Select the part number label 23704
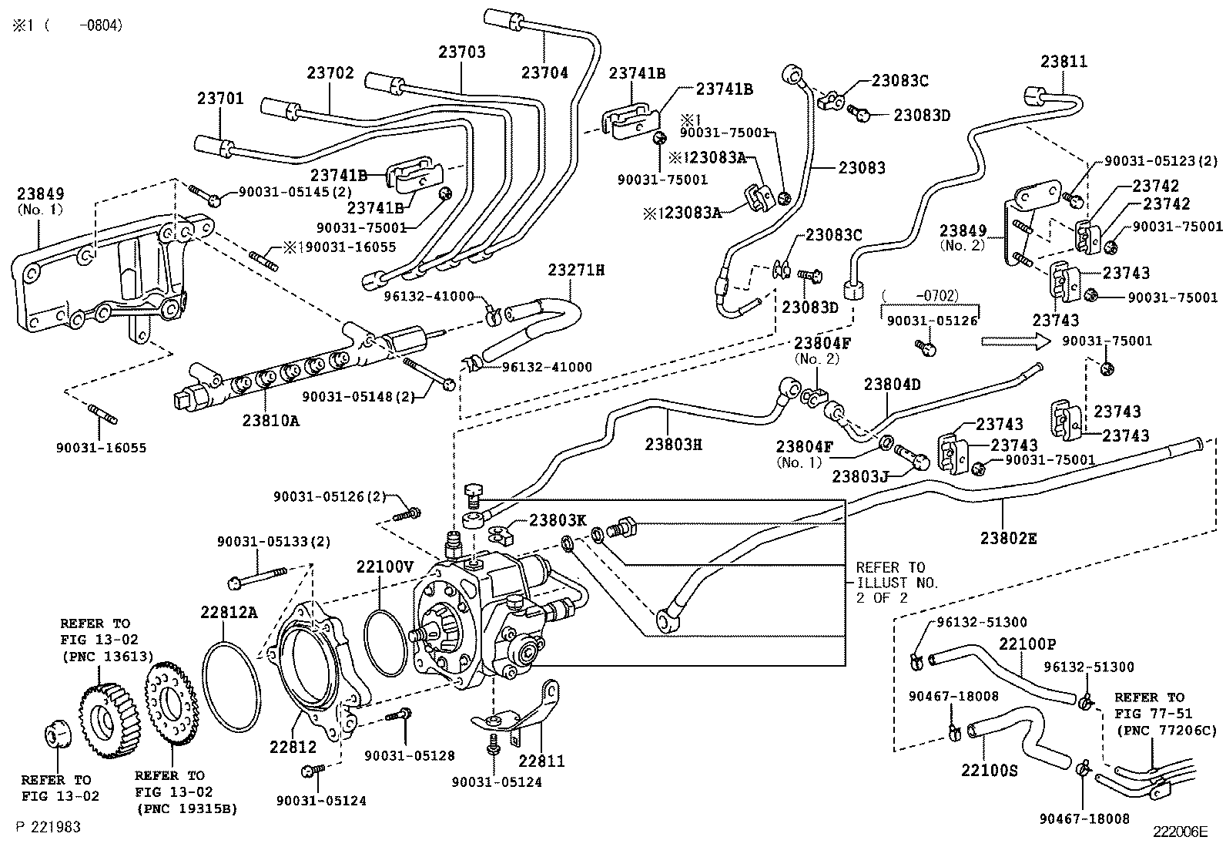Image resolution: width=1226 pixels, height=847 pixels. click(544, 73)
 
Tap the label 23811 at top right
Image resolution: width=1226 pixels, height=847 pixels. click(1064, 62)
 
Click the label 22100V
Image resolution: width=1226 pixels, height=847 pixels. click(385, 566)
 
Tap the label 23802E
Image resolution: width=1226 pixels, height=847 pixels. click(1008, 538)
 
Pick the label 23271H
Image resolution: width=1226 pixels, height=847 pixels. click(576, 270)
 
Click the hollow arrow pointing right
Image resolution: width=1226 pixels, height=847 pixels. click(1016, 341)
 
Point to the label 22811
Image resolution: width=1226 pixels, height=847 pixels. click(541, 761)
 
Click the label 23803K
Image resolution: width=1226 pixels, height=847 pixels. click(558, 520)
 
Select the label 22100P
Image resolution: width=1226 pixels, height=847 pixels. click(1027, 643)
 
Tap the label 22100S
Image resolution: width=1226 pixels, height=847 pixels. click(989, 770)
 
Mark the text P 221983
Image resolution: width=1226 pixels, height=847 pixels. click(48, 827)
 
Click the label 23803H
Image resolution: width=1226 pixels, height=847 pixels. click(673, 444)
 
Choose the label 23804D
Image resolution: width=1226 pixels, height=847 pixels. click(892, 384)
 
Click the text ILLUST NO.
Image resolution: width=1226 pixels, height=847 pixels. click(897, 583)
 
